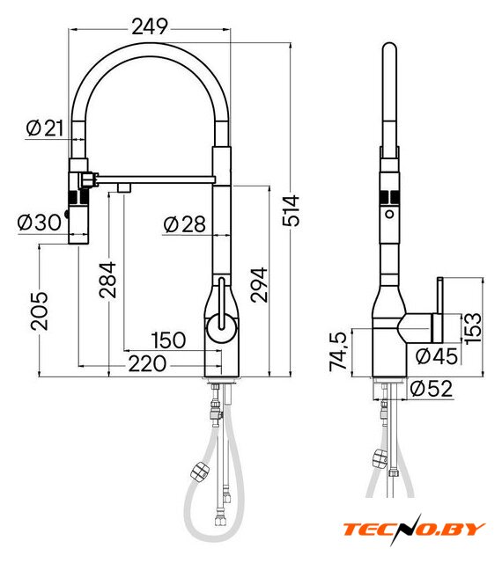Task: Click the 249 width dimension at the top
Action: (x=150, y=26)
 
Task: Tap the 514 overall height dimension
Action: (x=291, y=210)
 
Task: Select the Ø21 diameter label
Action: (x=45, y=128)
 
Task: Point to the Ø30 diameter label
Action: (x=40, y=223)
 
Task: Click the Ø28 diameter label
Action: (x=184, y=224)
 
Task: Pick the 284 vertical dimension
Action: (x=107, y=280)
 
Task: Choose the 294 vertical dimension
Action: (x=259, y=285)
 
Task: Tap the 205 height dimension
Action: (x=39, y=311)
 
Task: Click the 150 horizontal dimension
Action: (x=168, y=340)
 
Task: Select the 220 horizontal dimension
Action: (x=147, y=363)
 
